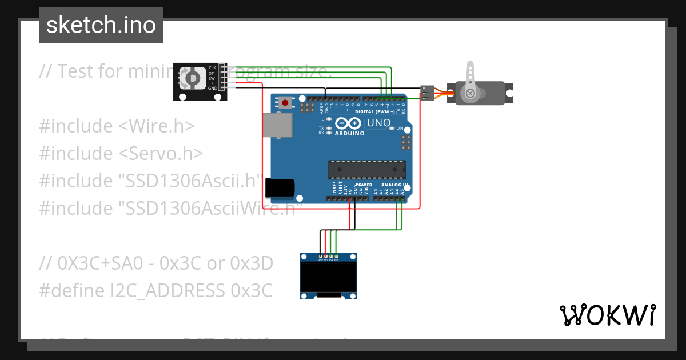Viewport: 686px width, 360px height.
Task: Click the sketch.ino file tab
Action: (101, 25)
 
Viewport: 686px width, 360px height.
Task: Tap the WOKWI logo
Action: (607, 315)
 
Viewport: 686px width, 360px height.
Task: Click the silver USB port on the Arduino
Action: (277, 126)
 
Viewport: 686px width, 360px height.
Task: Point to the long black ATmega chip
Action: (366, 170)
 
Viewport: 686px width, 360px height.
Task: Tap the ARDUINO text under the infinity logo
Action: (349, 133)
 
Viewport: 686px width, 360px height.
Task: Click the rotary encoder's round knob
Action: (193, 78)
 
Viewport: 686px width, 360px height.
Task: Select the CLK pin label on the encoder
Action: (212, 67)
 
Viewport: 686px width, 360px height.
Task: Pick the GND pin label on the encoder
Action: (212, 88)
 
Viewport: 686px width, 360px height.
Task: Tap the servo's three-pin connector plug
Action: (426, 93)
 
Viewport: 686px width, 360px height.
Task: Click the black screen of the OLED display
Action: (328, 277)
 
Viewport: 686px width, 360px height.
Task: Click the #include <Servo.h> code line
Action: (121, 153)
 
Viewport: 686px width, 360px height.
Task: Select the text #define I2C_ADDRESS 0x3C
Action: (155, 291)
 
